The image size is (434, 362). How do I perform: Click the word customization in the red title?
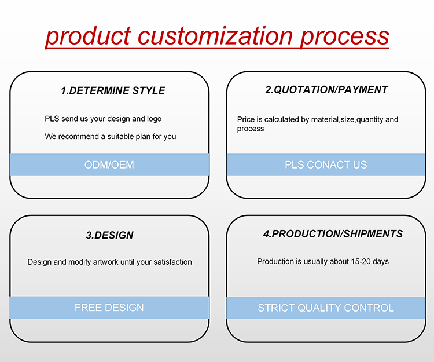point(215,36)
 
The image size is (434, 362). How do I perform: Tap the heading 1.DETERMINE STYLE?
point(113,90)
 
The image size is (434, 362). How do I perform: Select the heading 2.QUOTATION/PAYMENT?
point(326,90)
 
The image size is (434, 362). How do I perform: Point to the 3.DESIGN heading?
point(109,235)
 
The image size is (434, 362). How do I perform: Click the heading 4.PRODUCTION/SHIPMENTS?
point(333,234)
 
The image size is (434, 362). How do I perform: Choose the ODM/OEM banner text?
point(109,165)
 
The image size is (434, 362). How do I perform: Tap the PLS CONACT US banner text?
point(326,165)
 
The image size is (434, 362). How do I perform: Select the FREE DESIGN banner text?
point(109,308)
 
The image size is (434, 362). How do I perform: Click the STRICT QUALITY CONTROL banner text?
point(326,308)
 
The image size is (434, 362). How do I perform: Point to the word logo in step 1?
point(154,119)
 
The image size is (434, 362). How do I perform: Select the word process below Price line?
point(251,129)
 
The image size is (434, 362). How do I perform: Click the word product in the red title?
point(88,36)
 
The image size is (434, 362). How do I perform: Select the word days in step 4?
point(381,262)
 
